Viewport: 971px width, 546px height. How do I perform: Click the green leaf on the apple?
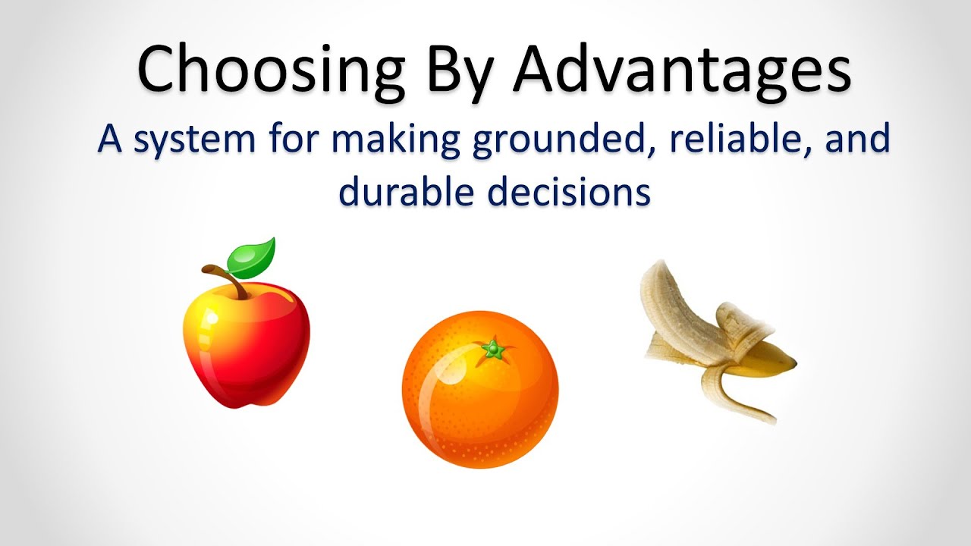251,259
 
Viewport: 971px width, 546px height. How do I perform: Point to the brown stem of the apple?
226,281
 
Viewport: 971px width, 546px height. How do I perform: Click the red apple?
247,344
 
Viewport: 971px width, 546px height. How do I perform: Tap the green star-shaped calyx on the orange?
493,348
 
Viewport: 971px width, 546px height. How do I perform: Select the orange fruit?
480,389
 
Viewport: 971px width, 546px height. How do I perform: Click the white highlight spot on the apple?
212,319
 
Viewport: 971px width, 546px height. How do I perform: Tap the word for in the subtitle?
294,139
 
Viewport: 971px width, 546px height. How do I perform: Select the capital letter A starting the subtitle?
110,140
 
